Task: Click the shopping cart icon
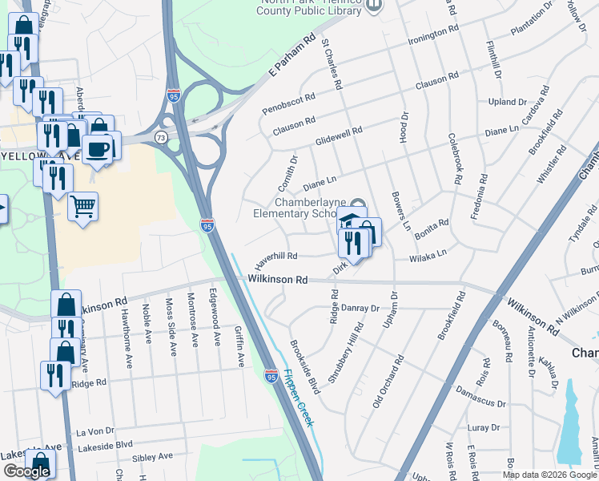tap(83, 207)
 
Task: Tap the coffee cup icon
tap(97, 149)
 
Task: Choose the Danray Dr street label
tap(360, 308)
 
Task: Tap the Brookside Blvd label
tap(304, 365)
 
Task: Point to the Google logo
tap(26, 471)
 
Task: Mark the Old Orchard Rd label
tap(386, 380)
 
